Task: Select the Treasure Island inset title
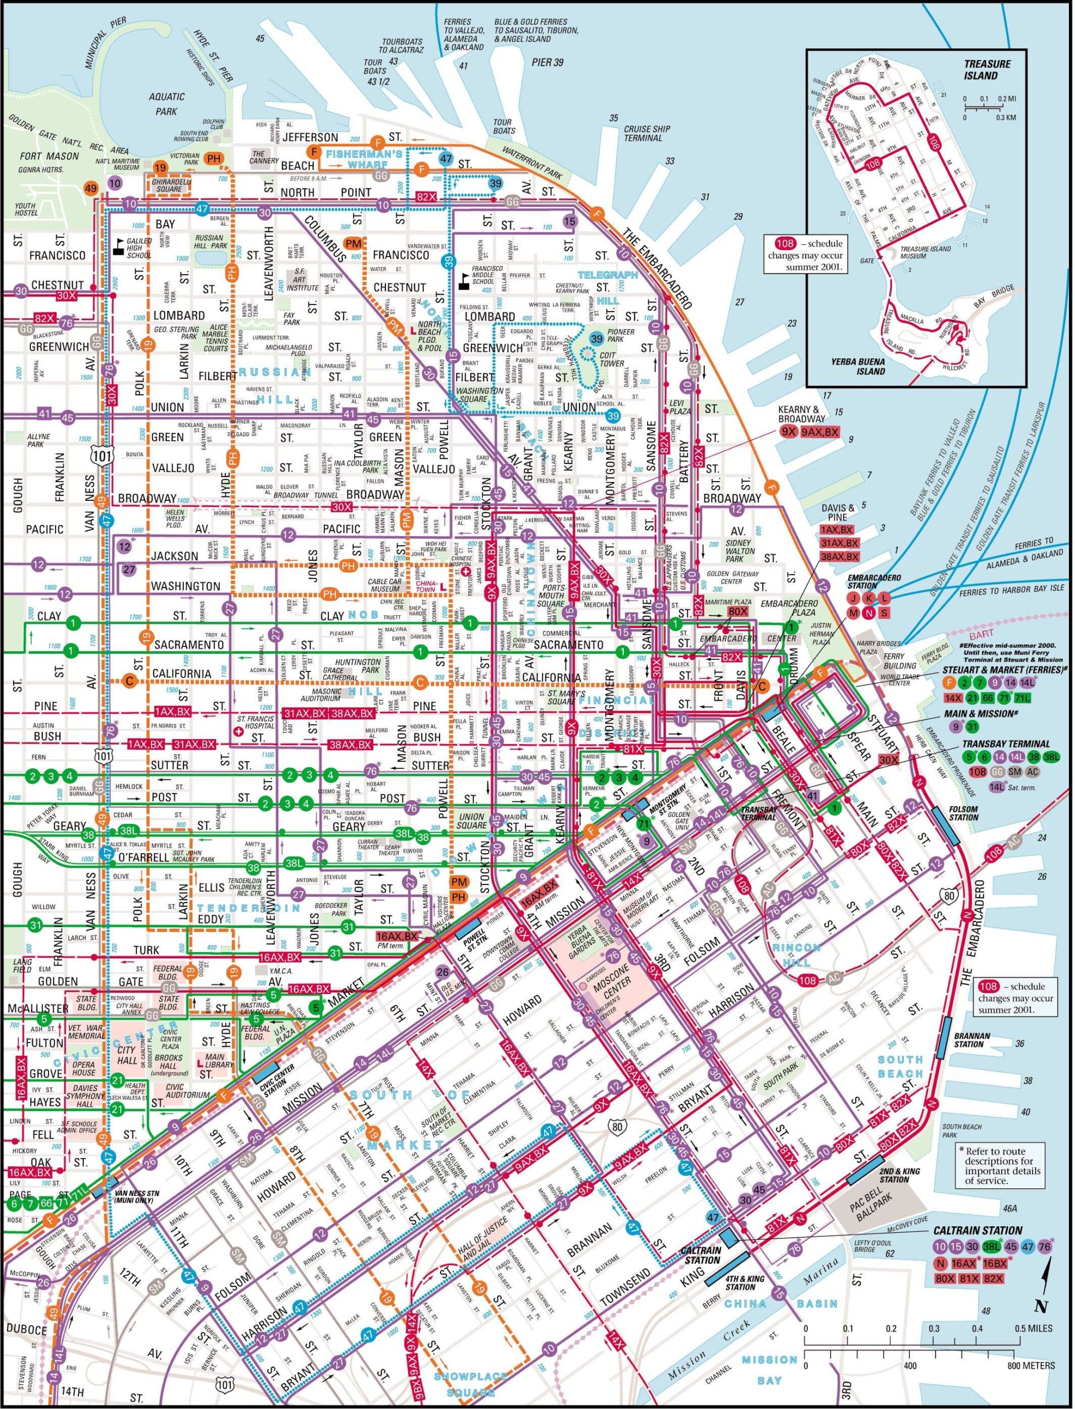point(988,70)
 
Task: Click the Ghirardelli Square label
point(170,185)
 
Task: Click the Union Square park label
point(471,821)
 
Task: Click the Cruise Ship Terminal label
point(648,133)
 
